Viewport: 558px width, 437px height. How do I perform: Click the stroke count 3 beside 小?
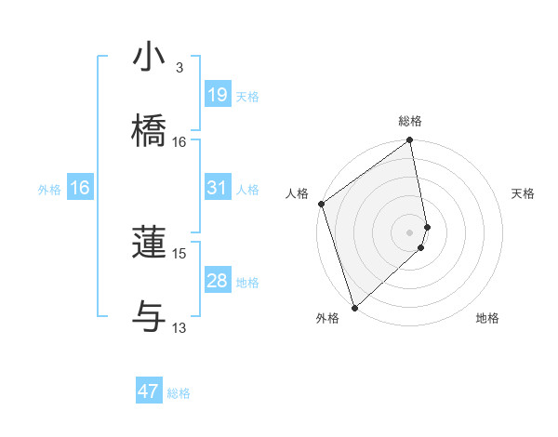(x=179, y=68)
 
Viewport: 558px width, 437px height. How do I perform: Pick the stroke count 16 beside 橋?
(x=179, y=142)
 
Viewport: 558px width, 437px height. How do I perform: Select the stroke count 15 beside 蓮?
(x=179, y=253)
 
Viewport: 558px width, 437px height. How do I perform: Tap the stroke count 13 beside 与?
(x=179, y=327)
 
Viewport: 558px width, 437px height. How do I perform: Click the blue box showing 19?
(x=217, y=95)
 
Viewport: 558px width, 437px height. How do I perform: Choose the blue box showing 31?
(x=217, y=188)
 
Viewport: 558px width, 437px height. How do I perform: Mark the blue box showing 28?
(x=217, y=281)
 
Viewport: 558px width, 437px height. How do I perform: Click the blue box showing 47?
(x=149, y=391)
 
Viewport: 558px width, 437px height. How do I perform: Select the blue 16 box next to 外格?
(x=80, y=188)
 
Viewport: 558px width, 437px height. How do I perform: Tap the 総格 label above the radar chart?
(x=410, y=121)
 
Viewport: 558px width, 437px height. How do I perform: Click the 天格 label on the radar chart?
(x=524, y=193)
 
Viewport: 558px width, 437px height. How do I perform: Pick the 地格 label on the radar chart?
(x=487, y=318)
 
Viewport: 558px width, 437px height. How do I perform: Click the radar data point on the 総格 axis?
(x=410, y=141)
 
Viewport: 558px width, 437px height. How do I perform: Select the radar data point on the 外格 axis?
(x=354, y=307)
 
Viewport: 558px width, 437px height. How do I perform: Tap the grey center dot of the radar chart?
(x=410, y=232)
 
